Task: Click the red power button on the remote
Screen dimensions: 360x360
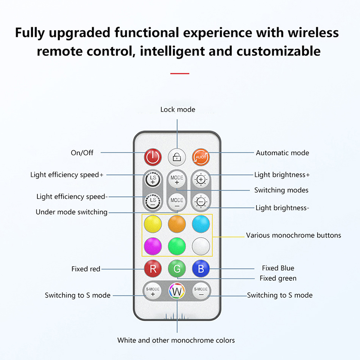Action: point(153,157)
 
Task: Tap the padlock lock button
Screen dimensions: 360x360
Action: point(177,157)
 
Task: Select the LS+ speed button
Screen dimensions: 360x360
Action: point(153,179)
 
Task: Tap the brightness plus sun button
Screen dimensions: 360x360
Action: point(201,179)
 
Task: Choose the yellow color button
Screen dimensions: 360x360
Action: point(153,223)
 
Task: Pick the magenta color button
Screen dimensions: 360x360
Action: point(153,246)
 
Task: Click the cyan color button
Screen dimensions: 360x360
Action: point(201,223)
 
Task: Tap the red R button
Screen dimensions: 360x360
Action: point(153,269)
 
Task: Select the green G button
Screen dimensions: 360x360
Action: point(177,269)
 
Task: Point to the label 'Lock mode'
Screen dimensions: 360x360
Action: point(178,109)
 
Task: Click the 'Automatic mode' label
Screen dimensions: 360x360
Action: point(282,153)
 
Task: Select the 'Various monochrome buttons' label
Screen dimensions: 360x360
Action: point(293,235)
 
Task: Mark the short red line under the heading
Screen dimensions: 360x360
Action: point(180,73)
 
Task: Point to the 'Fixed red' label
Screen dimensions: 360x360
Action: point(85,269)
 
